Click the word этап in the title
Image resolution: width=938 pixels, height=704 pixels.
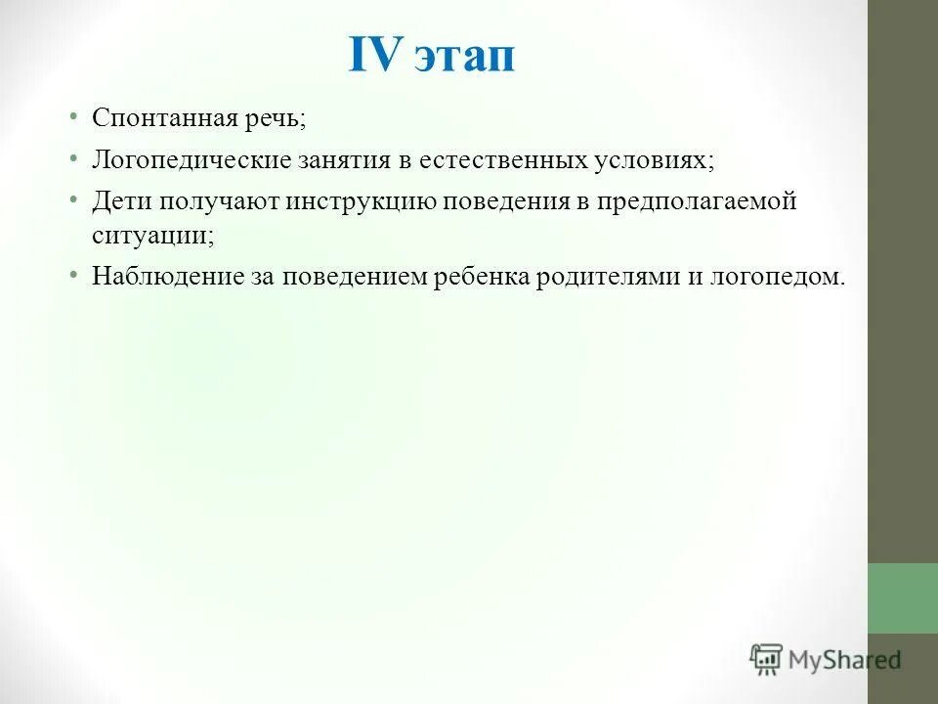pyautogui.click(x=463, y=59)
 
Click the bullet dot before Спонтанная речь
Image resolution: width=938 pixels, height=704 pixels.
pyautogui.click(x=73, y=117)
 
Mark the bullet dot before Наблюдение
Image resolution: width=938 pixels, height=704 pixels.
pyautogui.click(x=73, y=275)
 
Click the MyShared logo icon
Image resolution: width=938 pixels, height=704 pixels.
pyautogui.click(x=766, y=659)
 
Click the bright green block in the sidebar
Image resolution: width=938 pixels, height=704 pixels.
pyautogui.click(x=902, y=597)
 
